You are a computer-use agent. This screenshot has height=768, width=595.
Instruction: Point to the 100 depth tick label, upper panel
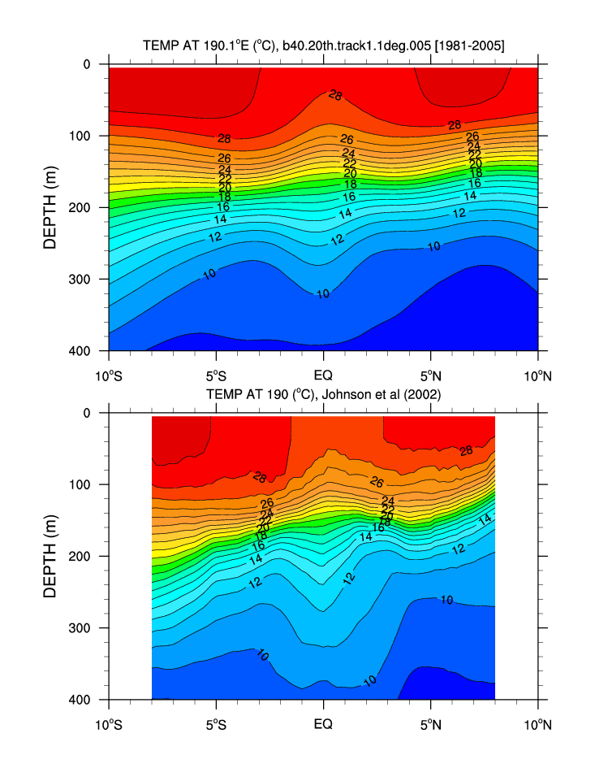(81, 136)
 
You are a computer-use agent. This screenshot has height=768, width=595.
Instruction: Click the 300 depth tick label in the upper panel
(81, 280)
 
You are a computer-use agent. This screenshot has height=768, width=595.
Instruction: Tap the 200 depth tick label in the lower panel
(81, 557)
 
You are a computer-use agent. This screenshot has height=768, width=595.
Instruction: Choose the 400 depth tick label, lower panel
(81, 700)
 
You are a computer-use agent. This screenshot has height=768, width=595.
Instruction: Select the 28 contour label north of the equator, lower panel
(466, 451)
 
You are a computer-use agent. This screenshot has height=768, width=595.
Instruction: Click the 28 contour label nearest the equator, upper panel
(335, 96)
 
